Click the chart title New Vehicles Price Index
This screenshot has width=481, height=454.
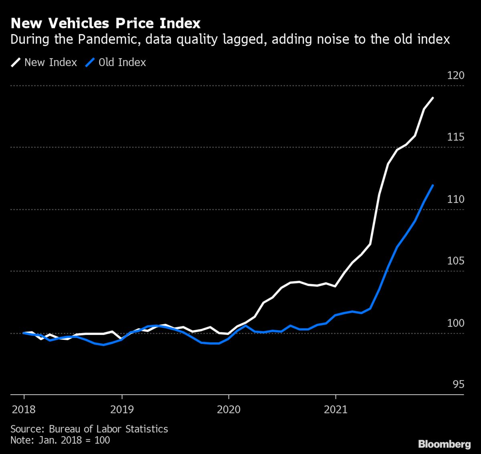(x=105, y=23)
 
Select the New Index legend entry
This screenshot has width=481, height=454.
(x=51, y=63)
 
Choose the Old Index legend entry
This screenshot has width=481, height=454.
(x=122, y=63)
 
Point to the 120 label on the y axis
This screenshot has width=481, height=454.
(x=455, y=75)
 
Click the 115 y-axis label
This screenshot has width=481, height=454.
(x=455, y=137)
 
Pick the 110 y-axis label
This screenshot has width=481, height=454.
(x=455, y=199)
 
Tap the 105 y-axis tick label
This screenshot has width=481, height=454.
(x=455, y=261)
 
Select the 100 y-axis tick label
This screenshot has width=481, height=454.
(x=455, y=323)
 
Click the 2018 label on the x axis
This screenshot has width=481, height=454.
(x=24, y=410)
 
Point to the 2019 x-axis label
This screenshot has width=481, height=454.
(x=122, y=410)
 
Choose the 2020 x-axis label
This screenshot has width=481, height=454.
(x=228, y=410)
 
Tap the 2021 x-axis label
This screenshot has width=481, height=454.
(x=335, y=410)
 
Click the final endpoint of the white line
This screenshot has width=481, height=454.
(x=433, y=98)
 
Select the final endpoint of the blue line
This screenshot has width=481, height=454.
(x=433, y=185)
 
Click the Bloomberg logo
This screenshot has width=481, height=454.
(x=444, y=444)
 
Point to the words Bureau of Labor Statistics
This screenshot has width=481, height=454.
(x=108, y=429)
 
